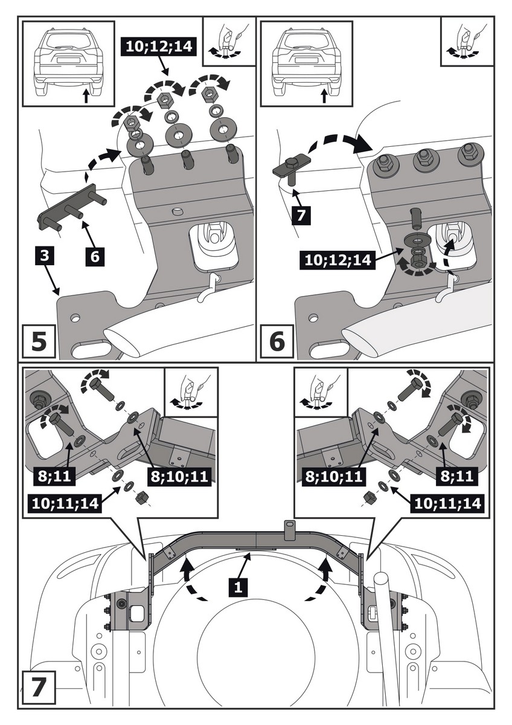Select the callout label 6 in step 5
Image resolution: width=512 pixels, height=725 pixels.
tap(94, 256)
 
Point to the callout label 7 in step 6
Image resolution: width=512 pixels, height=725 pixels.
tap(301, 216)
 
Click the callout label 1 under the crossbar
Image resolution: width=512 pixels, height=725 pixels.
tap(238, 585)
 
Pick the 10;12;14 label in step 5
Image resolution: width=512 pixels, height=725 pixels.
tap(159, 45)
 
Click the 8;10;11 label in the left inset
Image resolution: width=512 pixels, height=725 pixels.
tap(178, 477)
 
